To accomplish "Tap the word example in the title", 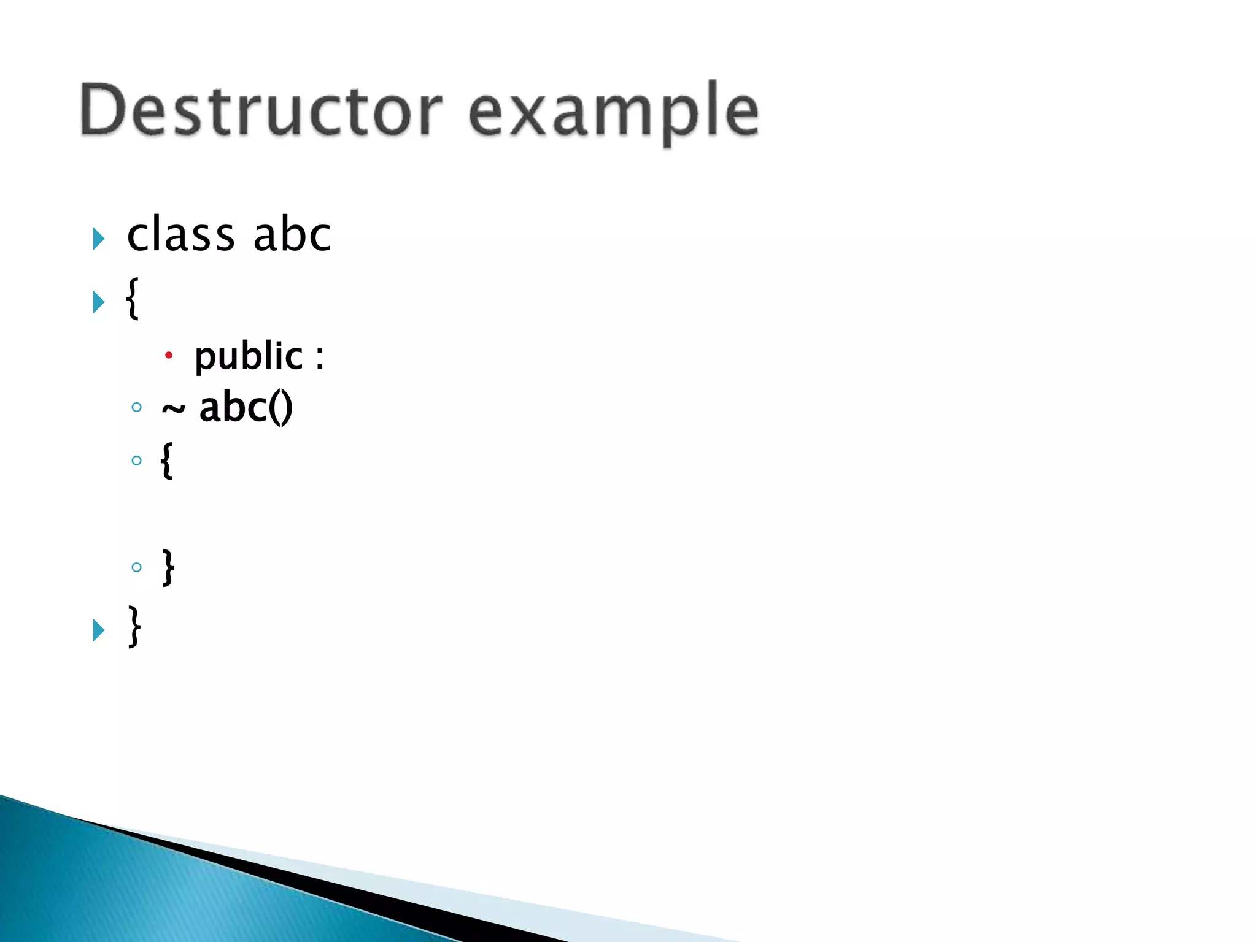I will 614,113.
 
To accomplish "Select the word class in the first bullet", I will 181,235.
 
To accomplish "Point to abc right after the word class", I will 292,235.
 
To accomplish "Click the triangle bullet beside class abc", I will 98,239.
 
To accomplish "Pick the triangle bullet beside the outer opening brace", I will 98,302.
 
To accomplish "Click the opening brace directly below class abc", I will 132,298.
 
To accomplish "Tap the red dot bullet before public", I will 169,355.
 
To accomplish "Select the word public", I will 249,356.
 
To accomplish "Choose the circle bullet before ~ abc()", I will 136,407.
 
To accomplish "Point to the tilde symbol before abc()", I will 173,410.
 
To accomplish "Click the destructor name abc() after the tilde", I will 246,407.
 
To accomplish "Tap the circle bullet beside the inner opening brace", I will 136,461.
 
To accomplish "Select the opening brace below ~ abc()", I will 166,460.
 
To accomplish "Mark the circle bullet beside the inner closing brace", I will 136,567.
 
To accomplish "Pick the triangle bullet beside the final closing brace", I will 98,630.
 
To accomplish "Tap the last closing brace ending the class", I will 134,626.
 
